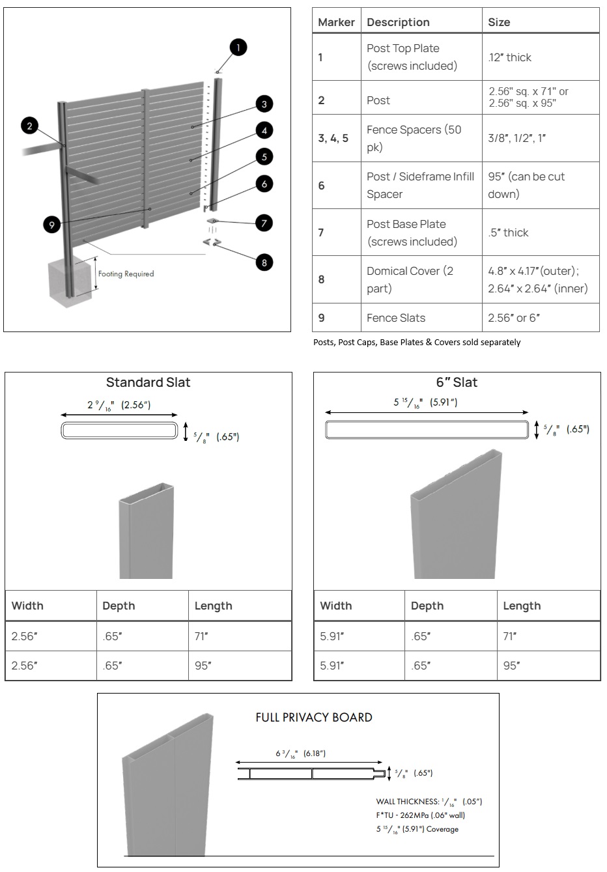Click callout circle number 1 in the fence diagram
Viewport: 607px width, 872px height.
[x=238, y=47]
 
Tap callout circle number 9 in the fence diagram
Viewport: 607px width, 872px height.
[x=52, y=225]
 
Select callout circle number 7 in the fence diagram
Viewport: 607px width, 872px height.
[x=264, y=223]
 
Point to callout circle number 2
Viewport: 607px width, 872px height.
[x=29, y=125]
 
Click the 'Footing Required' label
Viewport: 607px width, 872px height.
[x=126, y=274]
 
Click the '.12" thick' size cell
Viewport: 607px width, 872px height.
[x=510, y=57]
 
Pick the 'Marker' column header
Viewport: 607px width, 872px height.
[x=336, y=22]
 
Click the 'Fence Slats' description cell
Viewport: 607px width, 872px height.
[x=396, y=318]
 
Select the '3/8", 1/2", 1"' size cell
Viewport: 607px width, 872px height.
[x=517, y=138]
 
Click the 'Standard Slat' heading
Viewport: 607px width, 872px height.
[x=148, y=382]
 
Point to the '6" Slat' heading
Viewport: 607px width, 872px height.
[x=457, y=382]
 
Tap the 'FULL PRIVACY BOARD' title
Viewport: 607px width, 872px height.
[x=314, y=718]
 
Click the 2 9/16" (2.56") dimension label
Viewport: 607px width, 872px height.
[x=119, y=405]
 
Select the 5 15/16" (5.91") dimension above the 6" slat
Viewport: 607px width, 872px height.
[x=425, y=402]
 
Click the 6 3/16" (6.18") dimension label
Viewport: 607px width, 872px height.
[x=300, y=753]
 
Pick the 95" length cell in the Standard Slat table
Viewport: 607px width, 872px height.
[x=203, y=666]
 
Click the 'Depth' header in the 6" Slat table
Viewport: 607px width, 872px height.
[x=427, y=606]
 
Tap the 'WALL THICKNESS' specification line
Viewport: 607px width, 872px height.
[x=429, y=802]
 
